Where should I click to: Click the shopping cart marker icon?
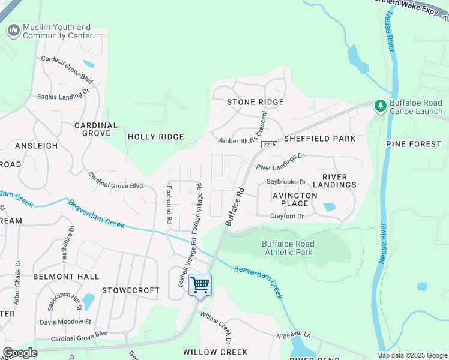pyautogui.click(x=200, y=285)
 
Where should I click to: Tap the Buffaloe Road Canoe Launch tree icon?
pyautogui.click(x=380, y=106)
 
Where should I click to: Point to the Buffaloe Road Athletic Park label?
pyautogui.click(x=288, y=248)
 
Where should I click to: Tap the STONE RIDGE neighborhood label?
pyautogui.click(x=255, y=102)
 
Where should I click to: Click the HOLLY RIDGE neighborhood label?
pyautogui.click(x=155, y=137)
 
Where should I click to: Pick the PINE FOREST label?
pyautogui.click(x=414, y=144)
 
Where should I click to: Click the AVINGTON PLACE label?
pyautogui.click(x=294, y=200)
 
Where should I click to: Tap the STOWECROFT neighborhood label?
pyautogui.click(x=131, y=290)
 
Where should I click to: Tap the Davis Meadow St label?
pyautogui.click(x=65, y=322)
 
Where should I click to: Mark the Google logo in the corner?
pyautogui.click(x=20, y=352)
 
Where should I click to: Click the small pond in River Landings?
pyautogui.click(x=330, y=208)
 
